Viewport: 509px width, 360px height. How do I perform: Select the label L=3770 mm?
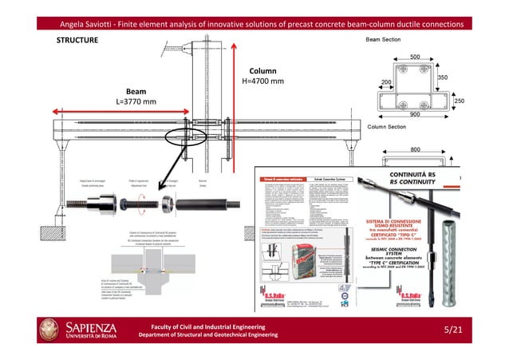[136, 102]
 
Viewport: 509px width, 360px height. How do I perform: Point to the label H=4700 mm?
[262, 81]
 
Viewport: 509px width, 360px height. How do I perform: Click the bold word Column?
[262, 70]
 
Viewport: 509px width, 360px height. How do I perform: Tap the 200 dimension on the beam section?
[385, 82]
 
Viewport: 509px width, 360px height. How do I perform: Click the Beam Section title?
[389, 39]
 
